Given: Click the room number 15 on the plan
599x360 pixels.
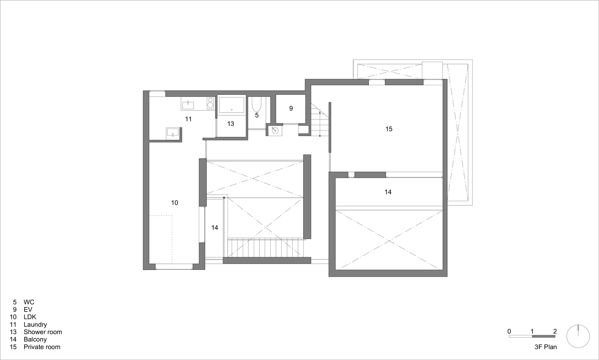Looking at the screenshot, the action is coord(389,129).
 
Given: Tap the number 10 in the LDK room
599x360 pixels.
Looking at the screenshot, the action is coord(175,203).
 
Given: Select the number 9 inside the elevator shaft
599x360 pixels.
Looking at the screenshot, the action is coord(291,108).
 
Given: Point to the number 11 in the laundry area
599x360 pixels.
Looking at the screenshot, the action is coord(189,119).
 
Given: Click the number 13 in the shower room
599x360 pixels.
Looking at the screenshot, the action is coord(231,124).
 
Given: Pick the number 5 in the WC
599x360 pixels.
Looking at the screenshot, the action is coord(257,115).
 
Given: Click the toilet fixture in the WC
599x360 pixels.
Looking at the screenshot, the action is coord(256,104).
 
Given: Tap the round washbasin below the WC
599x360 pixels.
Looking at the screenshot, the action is coord(275,131).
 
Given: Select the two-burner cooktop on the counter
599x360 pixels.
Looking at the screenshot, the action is coord(211,103).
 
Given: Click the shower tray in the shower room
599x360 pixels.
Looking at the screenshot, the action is coord(232,105).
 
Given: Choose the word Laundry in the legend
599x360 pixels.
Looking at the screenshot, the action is coord(35,325).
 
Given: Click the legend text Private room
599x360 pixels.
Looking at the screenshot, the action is coord(42,347).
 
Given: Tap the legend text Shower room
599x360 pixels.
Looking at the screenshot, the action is coord(43,332).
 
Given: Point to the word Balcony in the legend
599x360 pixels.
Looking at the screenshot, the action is coord(35,340).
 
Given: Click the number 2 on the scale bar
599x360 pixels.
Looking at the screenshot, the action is coord(555,331).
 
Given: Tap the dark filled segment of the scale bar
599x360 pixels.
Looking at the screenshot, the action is coord(544,337).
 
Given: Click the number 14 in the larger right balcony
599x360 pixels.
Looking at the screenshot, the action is coord(388,192).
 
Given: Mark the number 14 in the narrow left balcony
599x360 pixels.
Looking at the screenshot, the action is coord(215,228).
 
